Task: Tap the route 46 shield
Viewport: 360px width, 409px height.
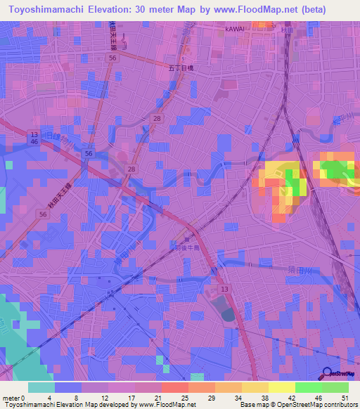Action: pos(34,142)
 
